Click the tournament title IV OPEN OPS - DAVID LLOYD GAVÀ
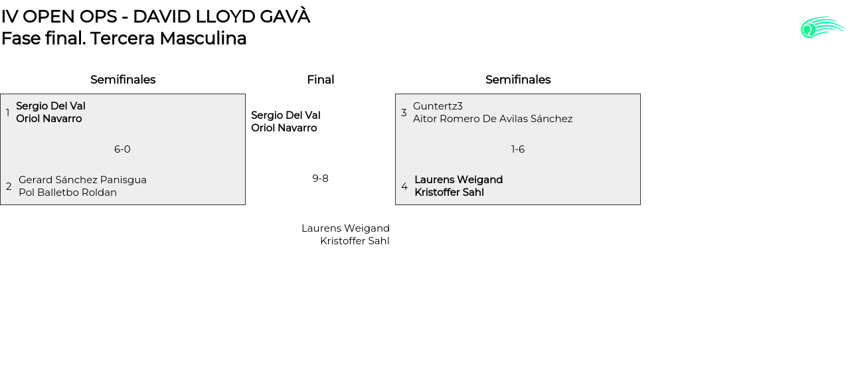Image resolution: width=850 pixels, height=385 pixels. click(155, 17)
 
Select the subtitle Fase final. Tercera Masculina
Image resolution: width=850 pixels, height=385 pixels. click(124, 38)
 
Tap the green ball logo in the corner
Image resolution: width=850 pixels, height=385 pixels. click(821, 27)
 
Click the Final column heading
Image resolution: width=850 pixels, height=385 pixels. click(320, 80)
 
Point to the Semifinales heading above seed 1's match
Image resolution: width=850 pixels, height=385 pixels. click(123, 80)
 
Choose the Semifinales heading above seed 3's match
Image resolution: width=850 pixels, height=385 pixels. click(518, 80)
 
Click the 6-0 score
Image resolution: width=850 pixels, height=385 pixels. click(122, 149)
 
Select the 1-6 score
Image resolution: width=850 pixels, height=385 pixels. click(518, 149)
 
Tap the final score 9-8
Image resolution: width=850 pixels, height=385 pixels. click(320, 178)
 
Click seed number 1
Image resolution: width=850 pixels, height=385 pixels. click(8, 113)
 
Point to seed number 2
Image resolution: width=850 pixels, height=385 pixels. click(9, 187)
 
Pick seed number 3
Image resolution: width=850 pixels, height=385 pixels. click(404, 113)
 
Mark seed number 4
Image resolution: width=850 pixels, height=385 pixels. click(404, 187)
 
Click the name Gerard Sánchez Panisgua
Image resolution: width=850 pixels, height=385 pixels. click(82, 180)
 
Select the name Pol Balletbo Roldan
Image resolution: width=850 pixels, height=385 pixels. click(68, 193)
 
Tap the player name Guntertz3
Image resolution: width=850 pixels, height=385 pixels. click(438, 106)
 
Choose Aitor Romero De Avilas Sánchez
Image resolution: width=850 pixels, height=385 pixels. click(493, 119)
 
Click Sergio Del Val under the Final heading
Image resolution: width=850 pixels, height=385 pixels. click(286, 116)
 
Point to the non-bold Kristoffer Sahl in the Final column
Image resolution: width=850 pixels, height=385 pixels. click(355, 241)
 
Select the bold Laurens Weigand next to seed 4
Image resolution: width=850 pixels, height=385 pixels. click(458, 180)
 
